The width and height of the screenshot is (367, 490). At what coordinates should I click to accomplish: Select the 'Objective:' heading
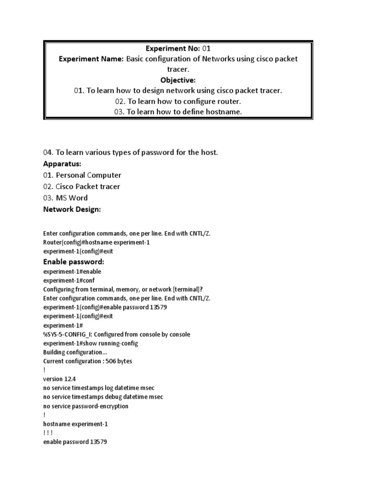(x=178, y=80)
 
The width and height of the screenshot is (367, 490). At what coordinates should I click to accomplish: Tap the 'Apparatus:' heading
(x=62, y=164)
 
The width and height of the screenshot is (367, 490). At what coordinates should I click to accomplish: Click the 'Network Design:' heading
(x=72, y=209)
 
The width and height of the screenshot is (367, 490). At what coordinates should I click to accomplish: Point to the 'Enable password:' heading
(x=74, y=262)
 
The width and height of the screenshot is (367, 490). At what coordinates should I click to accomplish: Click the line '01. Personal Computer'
(x=82, y=175)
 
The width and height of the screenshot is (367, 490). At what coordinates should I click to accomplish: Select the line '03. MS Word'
(x=65, y=198)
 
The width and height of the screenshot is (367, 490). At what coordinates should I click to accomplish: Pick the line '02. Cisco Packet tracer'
(x=81, y=187)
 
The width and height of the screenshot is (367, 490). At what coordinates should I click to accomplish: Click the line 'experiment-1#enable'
(x=72, y=271)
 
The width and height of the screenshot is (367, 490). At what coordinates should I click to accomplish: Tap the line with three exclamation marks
(x=51, y=433)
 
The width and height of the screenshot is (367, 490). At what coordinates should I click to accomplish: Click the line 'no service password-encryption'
(x=86, y=406)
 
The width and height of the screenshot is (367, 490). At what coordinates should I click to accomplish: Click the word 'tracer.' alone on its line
(x=178, y=69)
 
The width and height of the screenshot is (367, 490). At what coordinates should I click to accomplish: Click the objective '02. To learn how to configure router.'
(x=178, y=101)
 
